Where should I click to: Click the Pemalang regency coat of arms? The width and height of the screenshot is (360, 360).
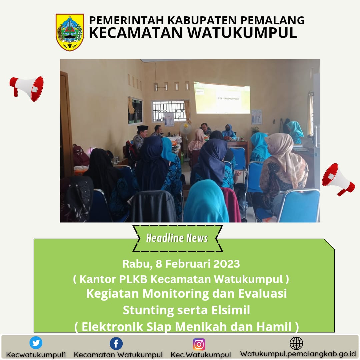tap(70, 32)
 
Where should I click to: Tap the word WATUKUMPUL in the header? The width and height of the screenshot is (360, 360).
tap(242, 33)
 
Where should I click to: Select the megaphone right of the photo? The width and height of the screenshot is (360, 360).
tap(338, 179)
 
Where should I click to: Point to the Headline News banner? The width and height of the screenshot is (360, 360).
tap(177, 238)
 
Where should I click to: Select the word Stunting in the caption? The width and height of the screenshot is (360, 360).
tap(148, 310)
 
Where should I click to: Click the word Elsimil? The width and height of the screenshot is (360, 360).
tap(231, 310)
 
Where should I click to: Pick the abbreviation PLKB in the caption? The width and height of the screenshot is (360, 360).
tap(133, 279)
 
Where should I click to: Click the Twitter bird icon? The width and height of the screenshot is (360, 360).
tap(36, 343)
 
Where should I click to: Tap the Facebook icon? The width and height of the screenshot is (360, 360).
tap(116, 344)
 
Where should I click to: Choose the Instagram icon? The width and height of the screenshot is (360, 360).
tap(199, 344)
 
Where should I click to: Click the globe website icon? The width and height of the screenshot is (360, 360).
tap(296, 343)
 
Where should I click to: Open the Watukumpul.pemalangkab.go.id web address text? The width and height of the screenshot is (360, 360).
tap(298, 354)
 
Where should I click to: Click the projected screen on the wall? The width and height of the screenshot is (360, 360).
tap(222, 98)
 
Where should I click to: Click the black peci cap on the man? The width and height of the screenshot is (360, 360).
tap(142, 128)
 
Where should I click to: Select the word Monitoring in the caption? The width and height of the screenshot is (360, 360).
tap(176, 294)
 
